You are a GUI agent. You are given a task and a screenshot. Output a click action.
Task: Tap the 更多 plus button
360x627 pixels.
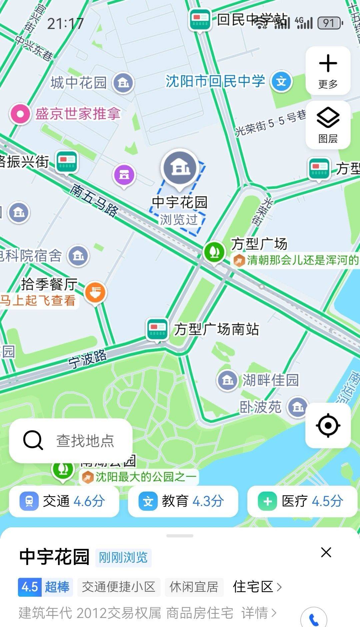[x=328, y=70]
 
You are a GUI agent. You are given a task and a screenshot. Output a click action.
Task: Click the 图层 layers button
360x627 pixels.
[x=328, y=125]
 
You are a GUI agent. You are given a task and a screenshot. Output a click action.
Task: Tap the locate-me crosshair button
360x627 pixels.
[x=328, y=425]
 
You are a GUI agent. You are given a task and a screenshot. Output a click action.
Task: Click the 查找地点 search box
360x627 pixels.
[x=71, y=441]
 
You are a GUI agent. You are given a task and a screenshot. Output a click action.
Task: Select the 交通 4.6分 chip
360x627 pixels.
[x=64, y=501]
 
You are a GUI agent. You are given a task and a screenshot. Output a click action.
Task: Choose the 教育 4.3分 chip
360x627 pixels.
[x=183, y=501]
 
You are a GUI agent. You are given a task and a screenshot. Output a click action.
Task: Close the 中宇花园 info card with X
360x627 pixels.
[x=326, y=552]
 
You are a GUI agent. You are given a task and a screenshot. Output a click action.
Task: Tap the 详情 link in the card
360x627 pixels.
[x=259, y=613]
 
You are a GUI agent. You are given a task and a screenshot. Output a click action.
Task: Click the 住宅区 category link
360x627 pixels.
[x=257, y=587]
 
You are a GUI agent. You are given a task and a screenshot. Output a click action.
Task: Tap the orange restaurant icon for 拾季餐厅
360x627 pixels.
[x=95, y=292]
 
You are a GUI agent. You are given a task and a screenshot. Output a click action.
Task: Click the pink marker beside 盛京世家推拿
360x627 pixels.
[x=20, y=114]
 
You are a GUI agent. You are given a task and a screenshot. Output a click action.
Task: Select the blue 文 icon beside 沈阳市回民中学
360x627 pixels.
[x=281, y=81]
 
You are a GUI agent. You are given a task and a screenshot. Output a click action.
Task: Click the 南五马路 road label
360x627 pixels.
[x=94, y=201]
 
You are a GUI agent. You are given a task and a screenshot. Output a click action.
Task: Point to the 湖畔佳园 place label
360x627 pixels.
[x=270, y=380]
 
